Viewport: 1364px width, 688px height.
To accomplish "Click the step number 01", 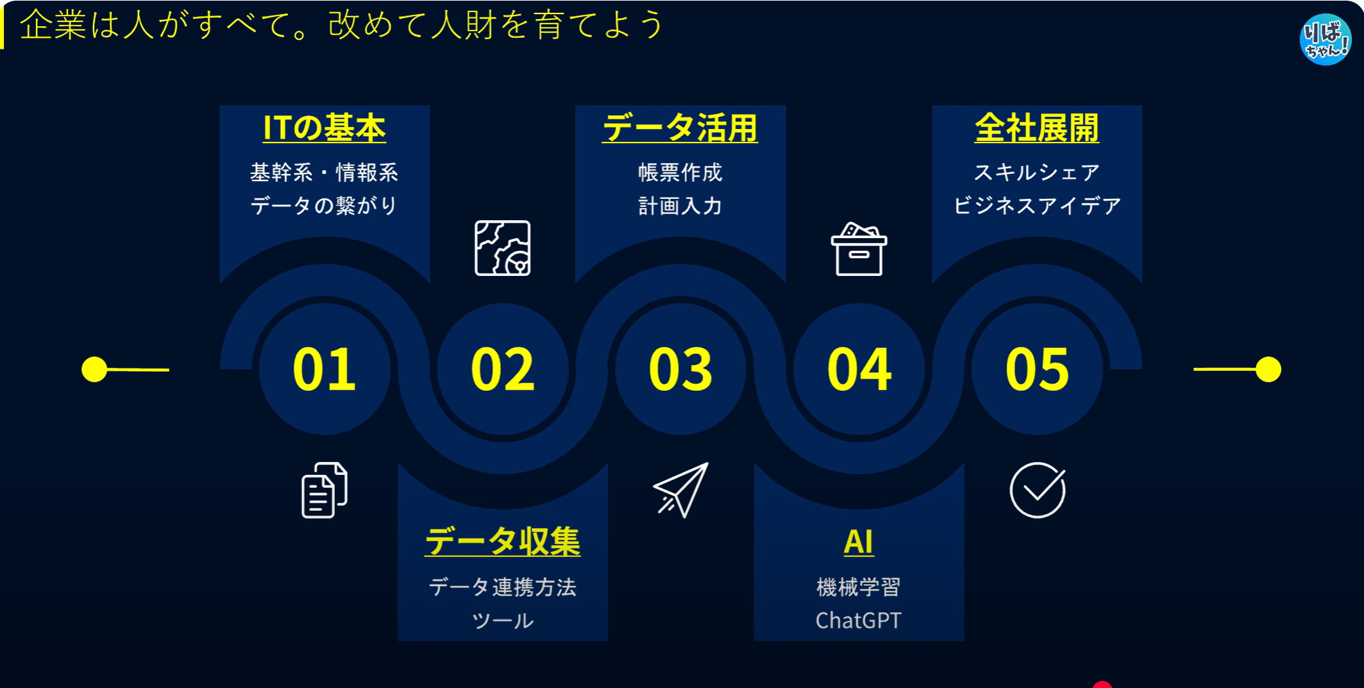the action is coord(324,369).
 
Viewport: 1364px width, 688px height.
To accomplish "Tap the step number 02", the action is coord(502,369).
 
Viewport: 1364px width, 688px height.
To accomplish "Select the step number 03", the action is coord(680,369).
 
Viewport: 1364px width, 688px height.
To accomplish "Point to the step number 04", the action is coord(859,369).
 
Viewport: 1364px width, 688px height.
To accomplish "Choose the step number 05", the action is coord(1037,369).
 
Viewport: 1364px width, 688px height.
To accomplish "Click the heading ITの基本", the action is coord(324,128).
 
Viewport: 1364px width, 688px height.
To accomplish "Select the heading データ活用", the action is coord(680,128).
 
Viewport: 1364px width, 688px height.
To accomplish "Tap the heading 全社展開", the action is coord(1037,128).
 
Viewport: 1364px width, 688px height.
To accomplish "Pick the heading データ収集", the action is coord(503,541).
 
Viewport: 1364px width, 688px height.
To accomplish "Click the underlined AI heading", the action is coord(859,542).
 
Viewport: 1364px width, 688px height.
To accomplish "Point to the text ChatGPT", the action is coord(859,621).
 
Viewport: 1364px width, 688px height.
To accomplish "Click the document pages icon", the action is coord(324,490).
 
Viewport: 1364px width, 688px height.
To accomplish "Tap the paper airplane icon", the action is coord(680,490).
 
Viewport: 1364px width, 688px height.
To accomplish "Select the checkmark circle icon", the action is coord(1037,490).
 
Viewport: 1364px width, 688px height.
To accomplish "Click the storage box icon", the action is coord(859,249).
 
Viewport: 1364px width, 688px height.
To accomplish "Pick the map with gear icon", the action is coord(502,248).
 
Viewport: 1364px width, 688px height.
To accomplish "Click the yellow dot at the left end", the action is coord(94,370).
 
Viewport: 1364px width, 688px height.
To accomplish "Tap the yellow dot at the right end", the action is coord(1268,370).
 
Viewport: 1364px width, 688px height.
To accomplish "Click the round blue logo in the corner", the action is coord(1326,39).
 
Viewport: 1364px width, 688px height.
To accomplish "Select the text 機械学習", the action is coord(859,587).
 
